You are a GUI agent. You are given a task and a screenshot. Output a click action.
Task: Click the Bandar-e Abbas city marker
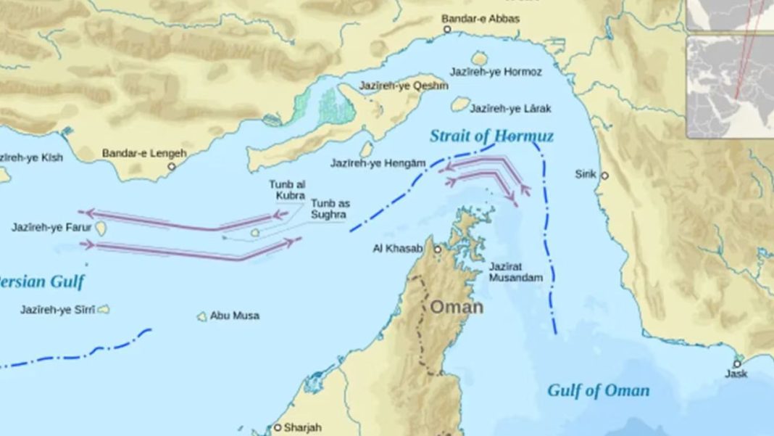(447, 30)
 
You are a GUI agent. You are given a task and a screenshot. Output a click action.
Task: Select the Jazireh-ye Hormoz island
(479, 57)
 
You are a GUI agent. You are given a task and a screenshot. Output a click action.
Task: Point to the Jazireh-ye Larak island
(460, 104)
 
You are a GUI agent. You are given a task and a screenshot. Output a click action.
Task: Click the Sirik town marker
(604, 175)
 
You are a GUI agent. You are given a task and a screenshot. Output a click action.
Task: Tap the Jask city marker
(737, 363)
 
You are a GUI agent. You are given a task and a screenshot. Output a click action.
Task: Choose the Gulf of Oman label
(598, 390)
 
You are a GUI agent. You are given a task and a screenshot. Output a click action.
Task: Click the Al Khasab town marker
(438, 249)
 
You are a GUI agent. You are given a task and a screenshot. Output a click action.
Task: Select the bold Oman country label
(457, 307)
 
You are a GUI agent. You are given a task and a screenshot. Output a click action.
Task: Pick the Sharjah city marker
(277, 427)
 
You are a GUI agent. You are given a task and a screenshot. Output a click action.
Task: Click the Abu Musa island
(202, 316)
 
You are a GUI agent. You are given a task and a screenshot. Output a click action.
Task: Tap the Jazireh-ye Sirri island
(104, 310)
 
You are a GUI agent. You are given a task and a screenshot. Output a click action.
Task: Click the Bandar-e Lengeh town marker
(172, 166)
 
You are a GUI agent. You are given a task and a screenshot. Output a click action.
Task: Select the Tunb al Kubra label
(287, 190)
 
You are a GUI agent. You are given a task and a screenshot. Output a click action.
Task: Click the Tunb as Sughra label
(329, 209)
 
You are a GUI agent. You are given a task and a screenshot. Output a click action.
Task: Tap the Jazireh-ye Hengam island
(367, 149)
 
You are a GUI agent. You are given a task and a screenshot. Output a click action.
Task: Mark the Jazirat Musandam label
(515, 272)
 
